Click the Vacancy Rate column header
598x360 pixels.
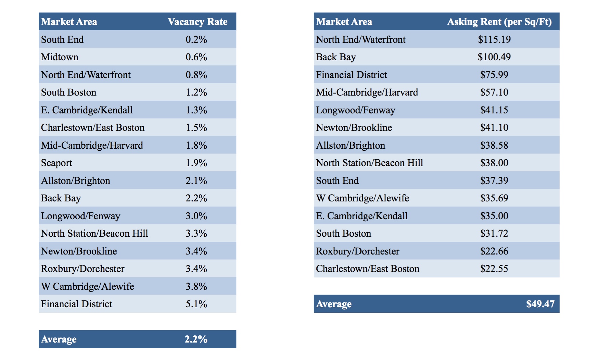point(198,22)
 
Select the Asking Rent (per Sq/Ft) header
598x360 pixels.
point(499,22)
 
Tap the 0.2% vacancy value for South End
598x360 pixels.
point(196,39)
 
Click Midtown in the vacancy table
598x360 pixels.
point(60,57)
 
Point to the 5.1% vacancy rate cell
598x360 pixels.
point(196,304)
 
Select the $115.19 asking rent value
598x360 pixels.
point(494,39)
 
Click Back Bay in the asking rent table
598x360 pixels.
point(336,57)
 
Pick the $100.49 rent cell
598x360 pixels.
point(494,57)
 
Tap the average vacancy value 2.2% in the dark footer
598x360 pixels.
point(196,339)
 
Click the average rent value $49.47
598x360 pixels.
point(540,304)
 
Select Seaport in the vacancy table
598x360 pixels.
point(56,163)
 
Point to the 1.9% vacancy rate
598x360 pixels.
point(196,163)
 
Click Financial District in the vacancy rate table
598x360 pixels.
point(77,304)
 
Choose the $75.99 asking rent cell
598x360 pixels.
point(494,75)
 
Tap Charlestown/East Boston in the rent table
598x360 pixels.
point(367,269)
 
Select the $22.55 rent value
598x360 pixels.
point(494,269)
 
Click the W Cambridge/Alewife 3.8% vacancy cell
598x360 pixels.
point(196,286)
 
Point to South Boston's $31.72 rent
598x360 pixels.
point(494,233)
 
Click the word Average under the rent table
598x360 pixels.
point(334,304)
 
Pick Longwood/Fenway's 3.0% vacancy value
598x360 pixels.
point(196,216)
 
